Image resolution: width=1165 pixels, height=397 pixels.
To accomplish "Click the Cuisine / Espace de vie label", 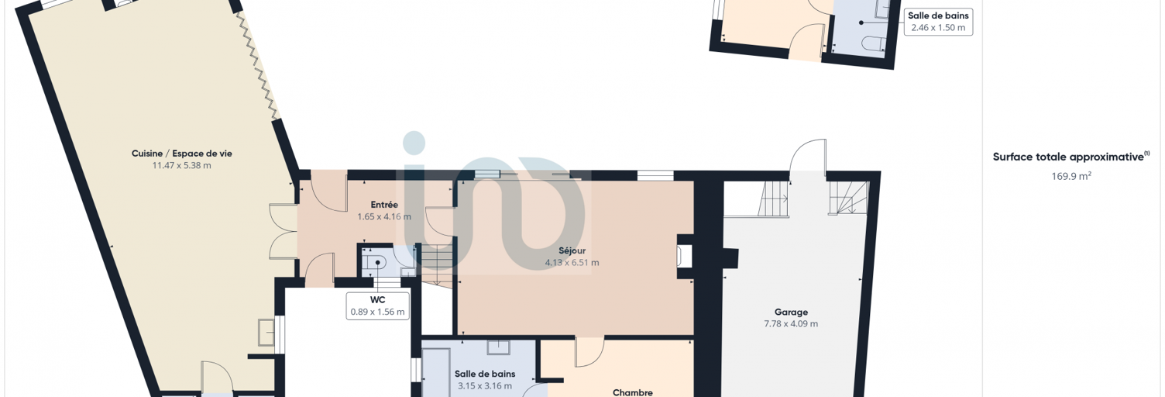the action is point(181,154).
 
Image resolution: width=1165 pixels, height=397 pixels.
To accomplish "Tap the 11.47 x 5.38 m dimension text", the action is point(181,165).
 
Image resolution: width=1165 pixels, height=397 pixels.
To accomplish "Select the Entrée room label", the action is point(384,205).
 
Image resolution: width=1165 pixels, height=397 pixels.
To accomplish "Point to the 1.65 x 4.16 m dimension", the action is point(384,216).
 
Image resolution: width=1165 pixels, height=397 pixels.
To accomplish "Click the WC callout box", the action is point(377,306).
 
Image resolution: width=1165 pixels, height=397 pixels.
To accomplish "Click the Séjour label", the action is point(572,250).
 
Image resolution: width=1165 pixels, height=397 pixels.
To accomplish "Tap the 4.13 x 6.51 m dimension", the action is point(572,263).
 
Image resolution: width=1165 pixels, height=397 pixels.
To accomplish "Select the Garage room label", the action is point(791,312).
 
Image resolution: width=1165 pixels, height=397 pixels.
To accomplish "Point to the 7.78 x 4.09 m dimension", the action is point(791,323).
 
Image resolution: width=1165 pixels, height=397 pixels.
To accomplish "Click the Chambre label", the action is point(633,392).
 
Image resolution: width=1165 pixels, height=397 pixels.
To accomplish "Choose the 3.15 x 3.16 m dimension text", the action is point(485,386).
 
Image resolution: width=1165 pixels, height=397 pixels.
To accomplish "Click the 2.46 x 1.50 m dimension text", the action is point(938,28).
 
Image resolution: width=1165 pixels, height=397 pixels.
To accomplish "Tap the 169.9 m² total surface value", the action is point(1071,176).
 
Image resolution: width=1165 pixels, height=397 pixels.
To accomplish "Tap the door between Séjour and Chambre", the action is point(589,353).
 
